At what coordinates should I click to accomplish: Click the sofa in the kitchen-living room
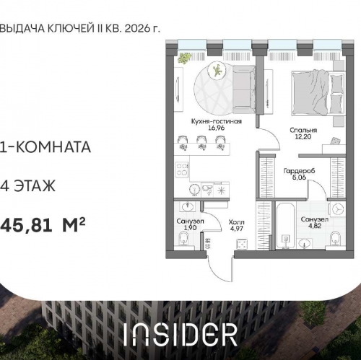244,87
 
